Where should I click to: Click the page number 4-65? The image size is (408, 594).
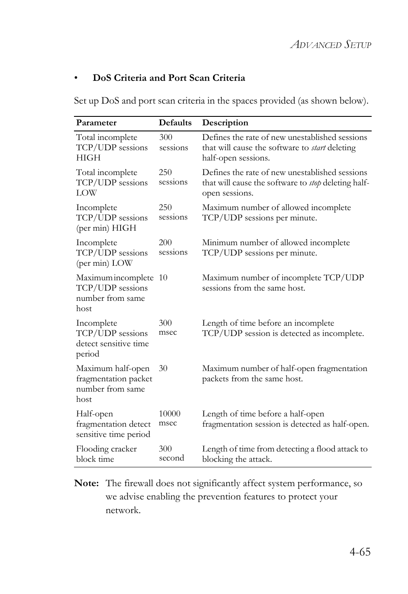[360, 552]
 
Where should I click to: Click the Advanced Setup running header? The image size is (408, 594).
[331, 45]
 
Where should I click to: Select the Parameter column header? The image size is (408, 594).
[96, 123]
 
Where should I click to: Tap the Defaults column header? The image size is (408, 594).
[175, 123]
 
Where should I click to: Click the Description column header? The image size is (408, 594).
[225, 123]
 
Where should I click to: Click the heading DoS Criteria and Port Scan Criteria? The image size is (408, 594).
[169, 78]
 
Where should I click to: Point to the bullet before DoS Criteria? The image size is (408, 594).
[76, 78]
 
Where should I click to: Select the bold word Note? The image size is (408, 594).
[86, 483]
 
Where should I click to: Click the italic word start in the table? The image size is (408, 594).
[318, 148]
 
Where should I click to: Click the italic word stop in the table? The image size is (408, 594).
[315, 183]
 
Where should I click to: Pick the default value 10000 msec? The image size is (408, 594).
[169, 418]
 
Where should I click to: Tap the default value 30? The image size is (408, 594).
[163, 368]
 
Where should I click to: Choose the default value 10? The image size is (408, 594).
[163, 278]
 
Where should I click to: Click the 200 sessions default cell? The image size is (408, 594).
[173, 247]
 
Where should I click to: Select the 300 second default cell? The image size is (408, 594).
[171, 453]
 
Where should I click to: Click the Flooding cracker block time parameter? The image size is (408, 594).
[106, 454]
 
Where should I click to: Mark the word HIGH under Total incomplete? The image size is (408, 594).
[89, 158]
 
